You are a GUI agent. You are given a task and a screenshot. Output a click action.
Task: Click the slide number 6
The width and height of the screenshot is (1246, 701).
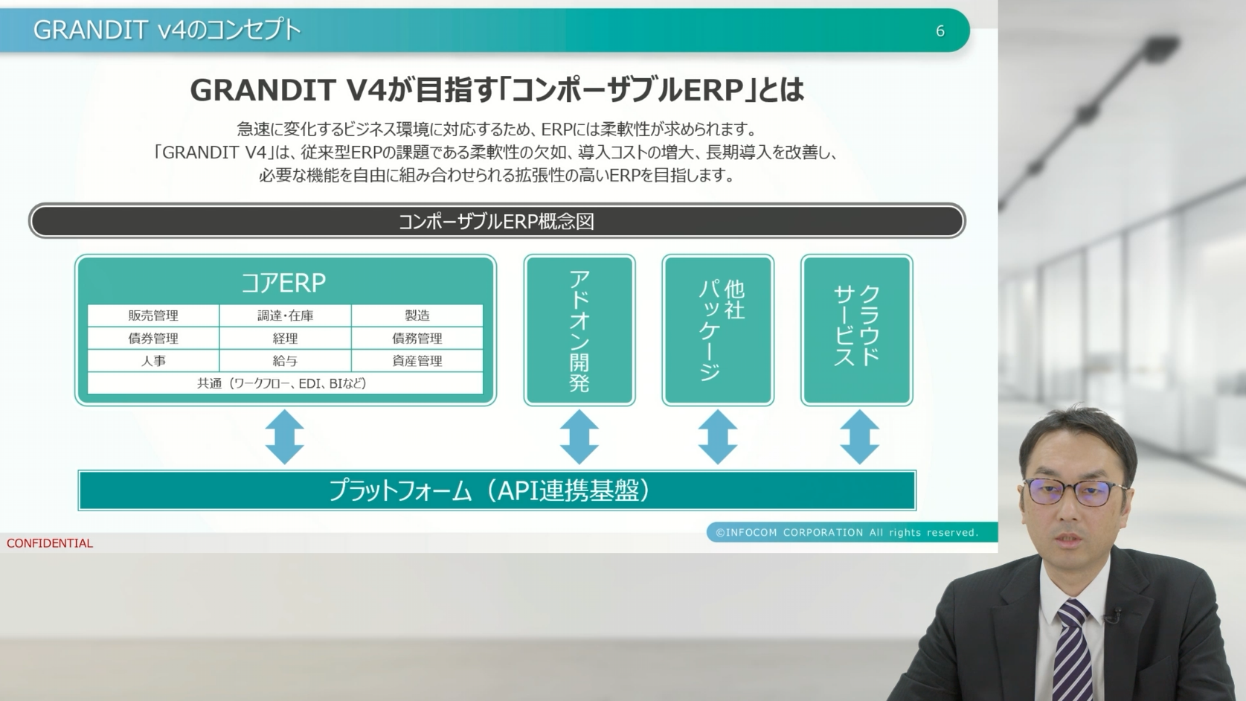coord(940,31)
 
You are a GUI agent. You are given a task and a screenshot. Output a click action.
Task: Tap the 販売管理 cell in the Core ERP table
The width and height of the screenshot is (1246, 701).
coord(153,316)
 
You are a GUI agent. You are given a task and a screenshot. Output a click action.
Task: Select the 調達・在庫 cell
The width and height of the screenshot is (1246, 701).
coord(286,316)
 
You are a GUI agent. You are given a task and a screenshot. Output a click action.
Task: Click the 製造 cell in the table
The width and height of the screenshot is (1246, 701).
coord(417,316)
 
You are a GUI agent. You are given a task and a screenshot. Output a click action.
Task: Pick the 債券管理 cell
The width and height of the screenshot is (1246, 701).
coord(153,339)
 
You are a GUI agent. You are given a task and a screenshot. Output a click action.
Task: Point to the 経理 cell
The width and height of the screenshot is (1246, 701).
coord(286,339)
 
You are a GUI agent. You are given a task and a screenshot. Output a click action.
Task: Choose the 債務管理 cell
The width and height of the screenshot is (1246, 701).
coord(417,339)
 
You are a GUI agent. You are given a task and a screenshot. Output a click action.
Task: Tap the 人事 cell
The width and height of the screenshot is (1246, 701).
coord(153,361)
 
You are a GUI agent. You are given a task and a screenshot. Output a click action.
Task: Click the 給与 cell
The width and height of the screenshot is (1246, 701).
coord(286,361)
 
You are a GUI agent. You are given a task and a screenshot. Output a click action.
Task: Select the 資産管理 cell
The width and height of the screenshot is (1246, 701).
coord(417,361)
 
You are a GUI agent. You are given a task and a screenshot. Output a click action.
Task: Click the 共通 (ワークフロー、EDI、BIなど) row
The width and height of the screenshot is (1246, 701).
coord(286,383)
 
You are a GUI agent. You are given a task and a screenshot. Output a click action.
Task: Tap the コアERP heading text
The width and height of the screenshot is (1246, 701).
coord(283,284)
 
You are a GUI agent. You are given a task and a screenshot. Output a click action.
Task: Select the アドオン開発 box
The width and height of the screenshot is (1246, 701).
coord(579,330)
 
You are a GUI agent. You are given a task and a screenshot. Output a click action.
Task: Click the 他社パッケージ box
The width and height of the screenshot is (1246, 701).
coord(718,330)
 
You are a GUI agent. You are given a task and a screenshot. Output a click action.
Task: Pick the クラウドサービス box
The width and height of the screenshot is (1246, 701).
coord(857,330)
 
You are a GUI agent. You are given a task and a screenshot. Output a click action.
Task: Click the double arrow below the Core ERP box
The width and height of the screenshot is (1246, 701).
coord(285,438)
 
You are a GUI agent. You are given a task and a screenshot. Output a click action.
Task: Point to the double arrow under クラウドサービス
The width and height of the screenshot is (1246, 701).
coord(859,438)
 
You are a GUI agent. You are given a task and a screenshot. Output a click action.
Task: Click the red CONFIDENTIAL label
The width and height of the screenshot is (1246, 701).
coord(50,543)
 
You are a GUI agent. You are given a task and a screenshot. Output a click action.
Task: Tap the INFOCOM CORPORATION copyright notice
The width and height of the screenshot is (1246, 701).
coord(847,532)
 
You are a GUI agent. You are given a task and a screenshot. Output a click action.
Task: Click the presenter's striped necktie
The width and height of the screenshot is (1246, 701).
coord(1073,651)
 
